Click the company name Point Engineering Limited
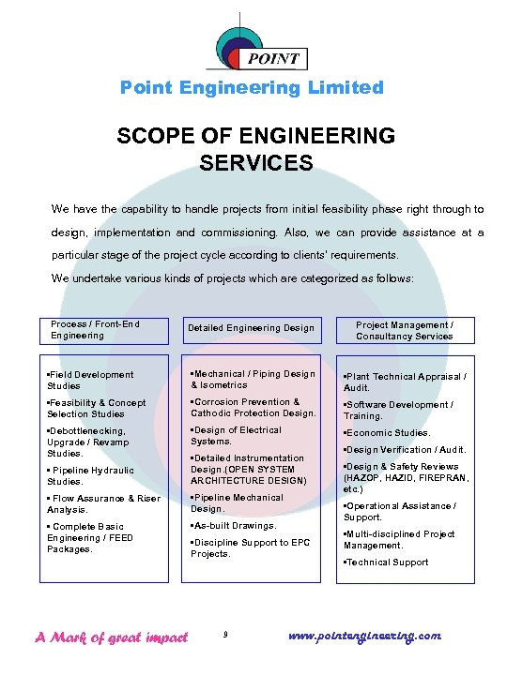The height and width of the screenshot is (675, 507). (252, 87)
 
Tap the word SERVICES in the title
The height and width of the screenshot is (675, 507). (256, 162)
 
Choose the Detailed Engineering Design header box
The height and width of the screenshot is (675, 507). (251, 328)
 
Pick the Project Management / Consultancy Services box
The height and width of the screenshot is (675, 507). (405, 330)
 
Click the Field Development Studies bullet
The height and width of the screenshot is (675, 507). (90, 380)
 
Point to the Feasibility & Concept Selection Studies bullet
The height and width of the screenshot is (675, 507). (97, 408)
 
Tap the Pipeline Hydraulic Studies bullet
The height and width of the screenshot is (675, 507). (91, 475)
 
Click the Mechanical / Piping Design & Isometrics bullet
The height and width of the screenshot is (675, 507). (253, 379)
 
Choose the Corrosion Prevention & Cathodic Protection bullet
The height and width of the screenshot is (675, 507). (253, 407)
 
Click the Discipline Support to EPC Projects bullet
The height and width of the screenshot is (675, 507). (249, 547)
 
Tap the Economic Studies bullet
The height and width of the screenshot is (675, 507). (387, 433)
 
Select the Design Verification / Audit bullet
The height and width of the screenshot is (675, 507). (405, 450)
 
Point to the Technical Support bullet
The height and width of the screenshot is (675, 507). (386, 562)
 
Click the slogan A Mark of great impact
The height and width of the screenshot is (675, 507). (111, 637)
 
